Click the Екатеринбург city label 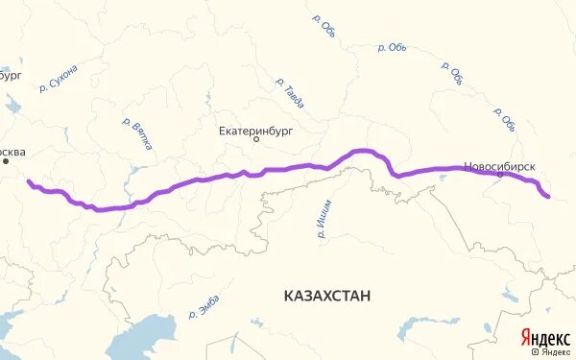255,127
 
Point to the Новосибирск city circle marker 500,176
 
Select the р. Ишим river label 322,220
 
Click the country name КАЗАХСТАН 327,295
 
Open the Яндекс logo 543,338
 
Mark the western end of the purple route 28,180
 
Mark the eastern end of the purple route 547,197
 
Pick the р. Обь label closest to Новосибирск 505,119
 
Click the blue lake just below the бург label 9,71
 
